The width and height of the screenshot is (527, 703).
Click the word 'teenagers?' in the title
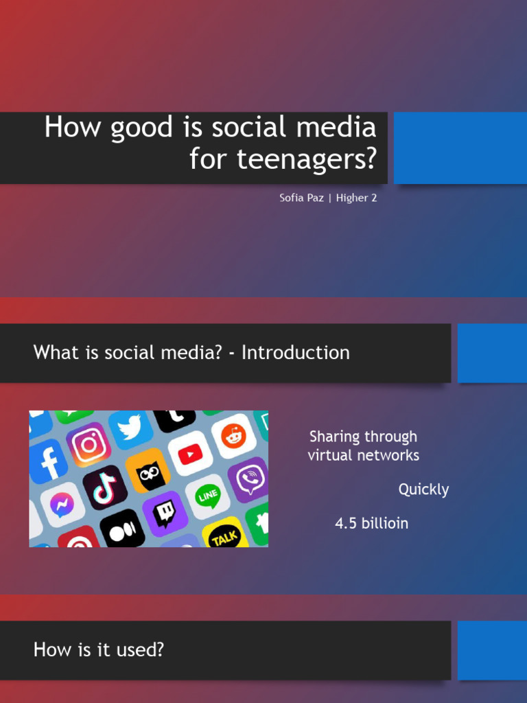click(x=307, y=159)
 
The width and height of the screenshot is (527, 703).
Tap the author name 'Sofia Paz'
click(x=301, y=198)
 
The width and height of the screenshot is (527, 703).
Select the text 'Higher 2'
click(x=356, y=198)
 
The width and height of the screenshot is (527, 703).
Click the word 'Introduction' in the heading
click(x=295, y=353)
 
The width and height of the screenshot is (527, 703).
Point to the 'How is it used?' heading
click(x=99, y=649)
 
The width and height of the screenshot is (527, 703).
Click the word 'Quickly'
click(x=423, y=489)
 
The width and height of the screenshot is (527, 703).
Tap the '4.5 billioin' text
click(x=371, y=523)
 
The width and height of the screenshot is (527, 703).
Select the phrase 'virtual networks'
click(x=363, y=455)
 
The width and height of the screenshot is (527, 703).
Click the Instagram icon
click(x=89, y=445)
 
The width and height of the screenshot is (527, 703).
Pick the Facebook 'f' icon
click(x=49, y=462)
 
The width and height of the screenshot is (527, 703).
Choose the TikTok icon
click(x=105, y=487)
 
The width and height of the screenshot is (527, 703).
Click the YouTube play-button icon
click(x=190, y=453)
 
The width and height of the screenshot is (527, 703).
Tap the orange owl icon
click(x=148, y=470)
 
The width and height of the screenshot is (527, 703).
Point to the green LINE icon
click(x=207, y=496)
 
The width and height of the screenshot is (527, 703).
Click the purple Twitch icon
click(x=165, y=513)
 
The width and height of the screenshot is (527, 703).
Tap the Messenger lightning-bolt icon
click(x=62, y=505)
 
